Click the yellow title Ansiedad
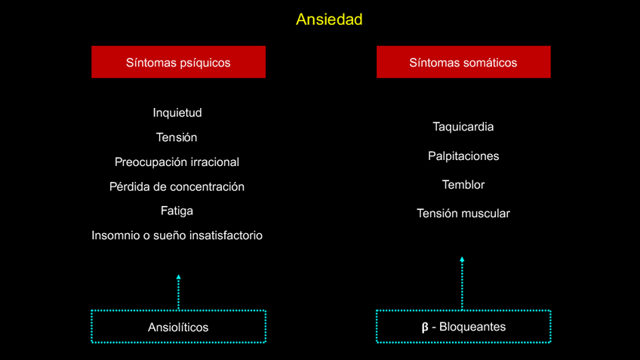coord(329,19)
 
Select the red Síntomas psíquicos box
coord(178,62)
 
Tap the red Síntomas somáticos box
coord(463,62)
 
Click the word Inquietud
coord(177,113)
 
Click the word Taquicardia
coord(463,127)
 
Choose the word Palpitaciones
coord(463,156)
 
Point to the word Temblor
coord(463,185)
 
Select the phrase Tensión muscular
coord(463,214)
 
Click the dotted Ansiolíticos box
coord(178,327)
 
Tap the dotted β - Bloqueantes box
coord(463,327)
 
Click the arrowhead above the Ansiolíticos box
coord(179,277)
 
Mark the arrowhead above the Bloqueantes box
coord(462,260)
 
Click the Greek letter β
coord(425,328)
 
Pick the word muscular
coord(485,214)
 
